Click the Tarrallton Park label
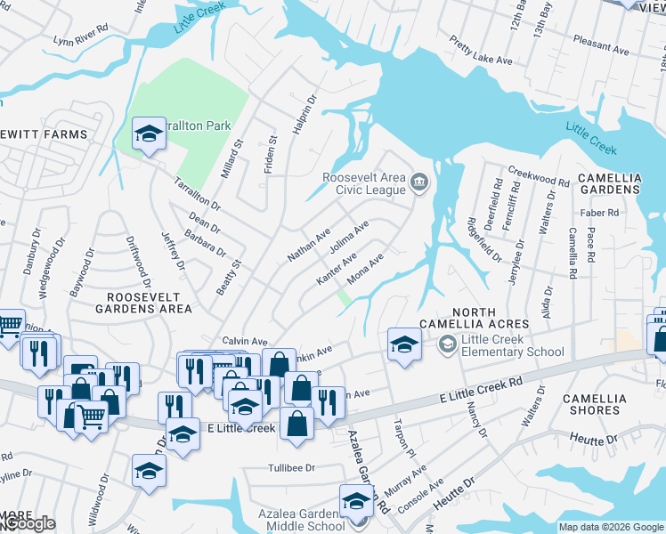[198, 126]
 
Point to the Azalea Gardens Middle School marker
[356, 501]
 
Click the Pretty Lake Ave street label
[481, 52]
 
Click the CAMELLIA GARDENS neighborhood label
[609, 183]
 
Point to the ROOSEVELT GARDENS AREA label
[149, 303]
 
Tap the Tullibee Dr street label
[292, 467]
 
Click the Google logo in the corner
[28, 524]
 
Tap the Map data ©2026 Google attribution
[611, 527]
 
